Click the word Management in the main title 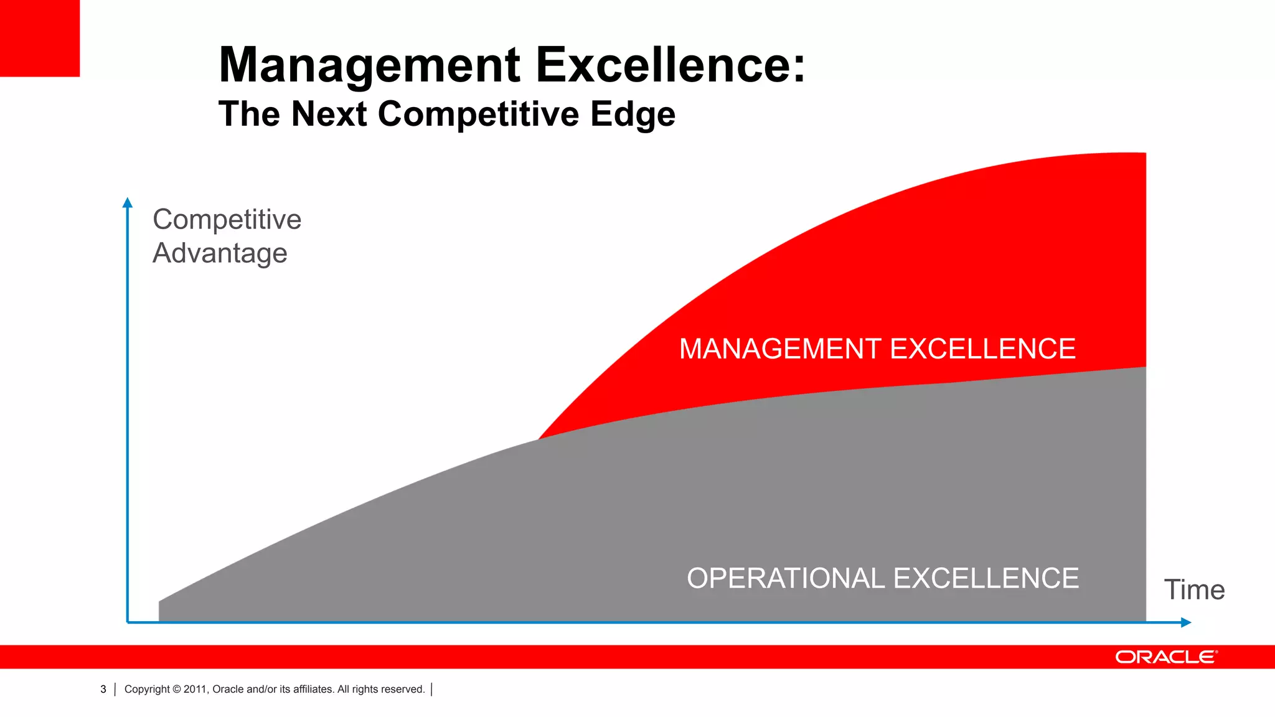click(369, 65)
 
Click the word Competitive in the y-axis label click(227, 219)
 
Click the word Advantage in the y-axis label click(220, 253)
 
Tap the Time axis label click(1194, 589)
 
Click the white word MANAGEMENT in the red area click(780, 349)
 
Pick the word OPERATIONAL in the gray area click(785, 578)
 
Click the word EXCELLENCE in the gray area click(986, 578)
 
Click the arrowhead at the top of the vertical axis click(128, 202)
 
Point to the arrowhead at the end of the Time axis click(1185, 622)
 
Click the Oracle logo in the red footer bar click(1165, 657)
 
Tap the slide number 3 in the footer click(103, 689)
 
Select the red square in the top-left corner click(39, 38)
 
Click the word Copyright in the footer click(147, 689)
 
